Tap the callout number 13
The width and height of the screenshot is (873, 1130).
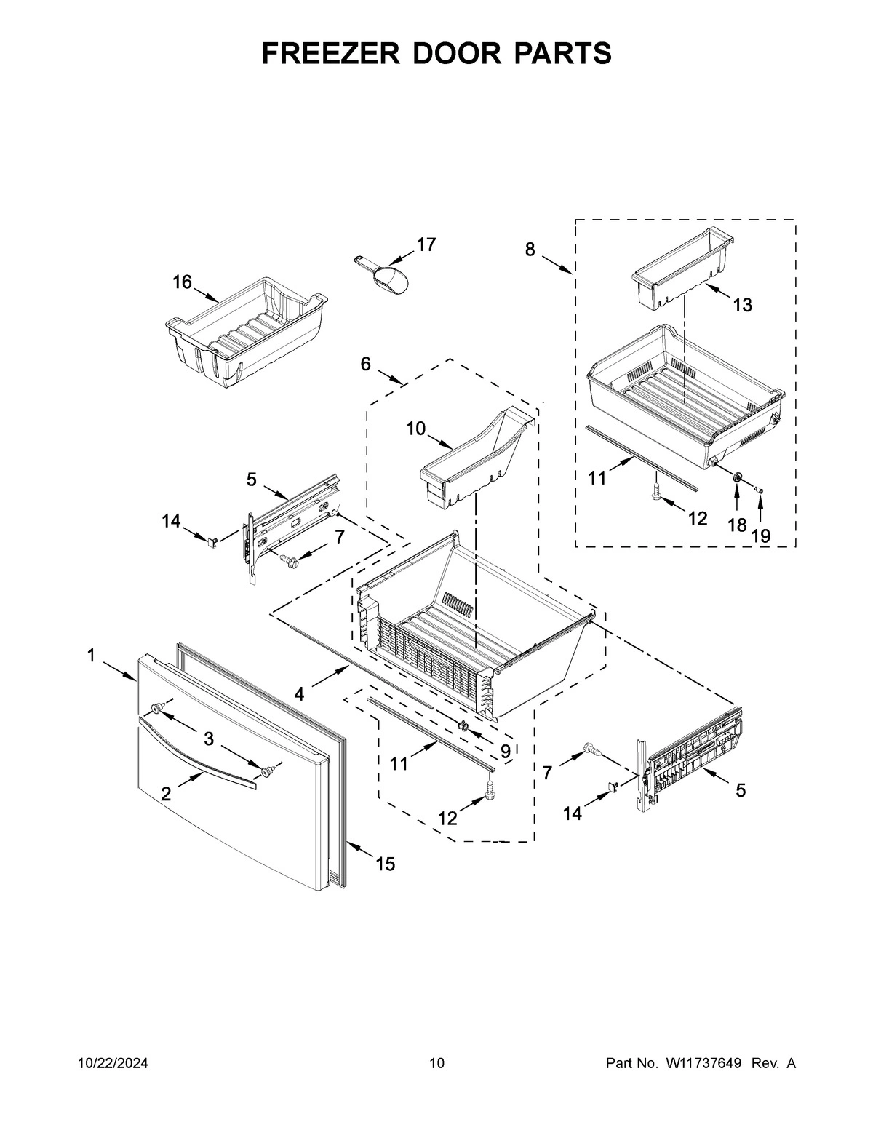[741, 305]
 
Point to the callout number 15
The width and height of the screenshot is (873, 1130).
[386, 864]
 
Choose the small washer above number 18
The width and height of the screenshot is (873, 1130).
[737, 477]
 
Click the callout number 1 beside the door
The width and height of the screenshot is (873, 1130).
[91, 656]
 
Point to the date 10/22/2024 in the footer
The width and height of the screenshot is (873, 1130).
[113, 1064]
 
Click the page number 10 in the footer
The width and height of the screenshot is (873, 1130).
[436, 1064]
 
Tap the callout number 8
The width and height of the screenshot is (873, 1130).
[530, 250]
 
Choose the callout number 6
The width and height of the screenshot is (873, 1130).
[365, 364]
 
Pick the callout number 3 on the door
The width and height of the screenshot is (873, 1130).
[209, 740]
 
